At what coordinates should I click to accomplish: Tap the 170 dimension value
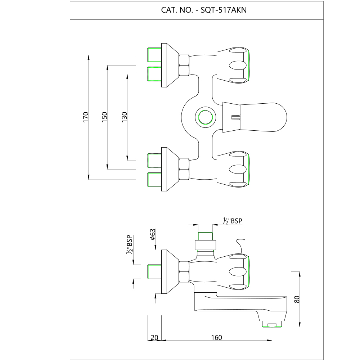click(x=86, y=117)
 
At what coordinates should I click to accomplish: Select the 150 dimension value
click(x=104, y=117)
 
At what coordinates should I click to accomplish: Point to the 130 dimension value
click(x=124, y=117)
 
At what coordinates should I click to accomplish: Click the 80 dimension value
click(x=297, y=299)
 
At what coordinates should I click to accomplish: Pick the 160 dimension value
click(x=217, y=337)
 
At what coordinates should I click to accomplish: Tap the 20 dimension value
click(x=154, y=337)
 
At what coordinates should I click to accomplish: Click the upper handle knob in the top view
click(x=233, y=65)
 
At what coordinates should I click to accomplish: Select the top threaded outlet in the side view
click(x=206, y=236)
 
